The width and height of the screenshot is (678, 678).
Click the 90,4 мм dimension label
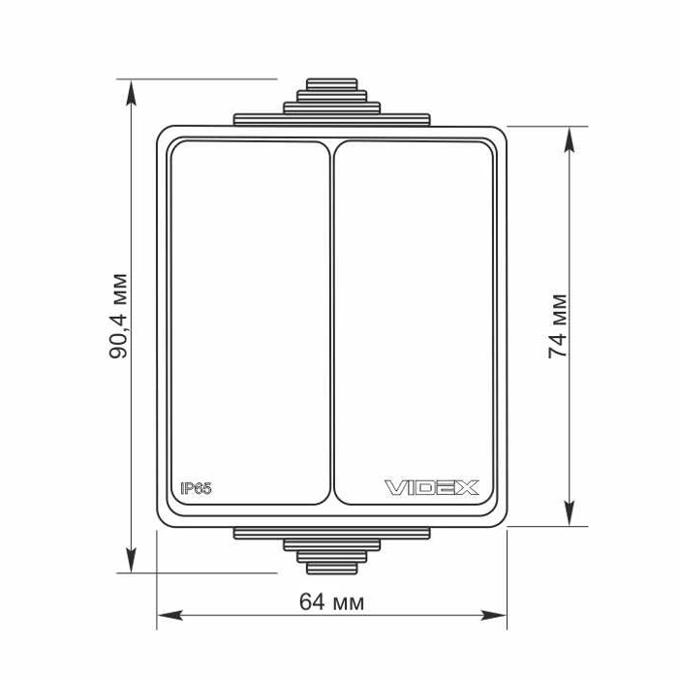(118, 316)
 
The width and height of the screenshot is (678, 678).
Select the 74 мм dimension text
(557, 326)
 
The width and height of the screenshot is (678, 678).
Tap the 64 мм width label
(331, 601)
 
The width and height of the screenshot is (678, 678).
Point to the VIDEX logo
(432, 488)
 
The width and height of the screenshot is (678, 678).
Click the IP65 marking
(196, 488)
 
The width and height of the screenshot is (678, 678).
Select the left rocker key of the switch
(250, 323)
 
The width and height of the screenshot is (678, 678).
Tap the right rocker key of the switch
(414, 323)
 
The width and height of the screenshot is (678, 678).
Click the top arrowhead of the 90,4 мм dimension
(131, 93)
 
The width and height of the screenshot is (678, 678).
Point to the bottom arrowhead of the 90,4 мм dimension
(131, 561)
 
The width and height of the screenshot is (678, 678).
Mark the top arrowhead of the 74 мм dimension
(570, 139)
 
